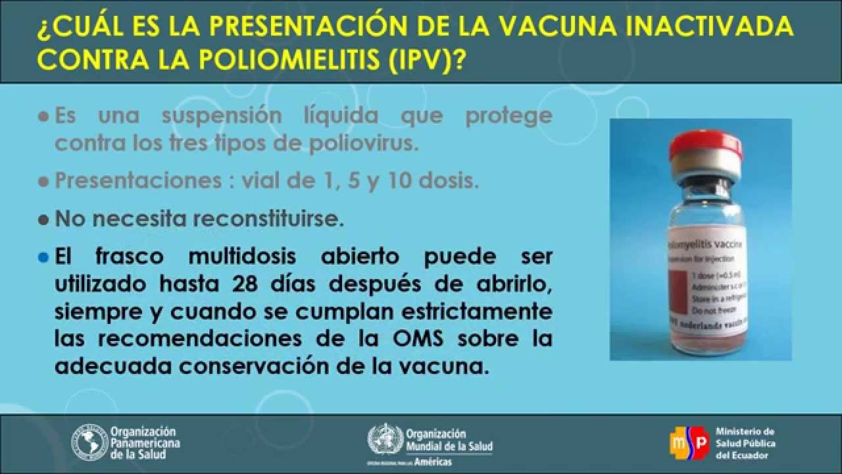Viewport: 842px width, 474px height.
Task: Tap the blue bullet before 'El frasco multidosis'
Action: pyautogui.click(x=44, y=257)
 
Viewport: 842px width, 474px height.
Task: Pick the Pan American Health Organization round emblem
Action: pyautogui.click(x=89, y=442)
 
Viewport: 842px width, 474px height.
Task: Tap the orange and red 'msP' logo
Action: pyautogui.click(x=688, y=442)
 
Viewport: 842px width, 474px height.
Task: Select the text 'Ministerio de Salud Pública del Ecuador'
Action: pyautogui.click(x=745, y=442)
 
